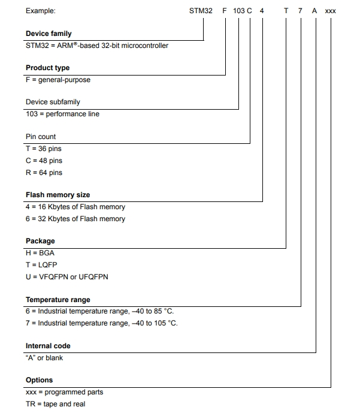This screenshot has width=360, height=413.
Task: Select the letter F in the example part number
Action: pyautogui.click(x=225, y=11)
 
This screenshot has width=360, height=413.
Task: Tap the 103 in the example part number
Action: pyautogui.click(x=238, y=11)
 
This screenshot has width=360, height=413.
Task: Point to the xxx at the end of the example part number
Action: pyautogui.click(x=331, y=11)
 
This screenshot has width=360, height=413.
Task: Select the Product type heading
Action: pyautogui.click(x=47, y=68)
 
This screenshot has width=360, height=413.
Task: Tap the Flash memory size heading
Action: pyautogui.click(x=58, y=195)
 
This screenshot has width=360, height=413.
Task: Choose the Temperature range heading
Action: pyautogui.click(x=58, y=300)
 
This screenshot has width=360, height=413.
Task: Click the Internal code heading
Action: pyautogui.click(x=48, y=346)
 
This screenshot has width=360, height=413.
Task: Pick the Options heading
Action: pyautogui.click(x=39, y=380)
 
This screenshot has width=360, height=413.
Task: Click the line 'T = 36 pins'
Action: pyautogui.click(x=44, y=149)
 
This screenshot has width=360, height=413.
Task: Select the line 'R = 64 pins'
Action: pyautogui.click(x=44, y=173)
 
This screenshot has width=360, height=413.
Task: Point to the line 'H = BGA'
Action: pyautogui.click(x=40, y=253)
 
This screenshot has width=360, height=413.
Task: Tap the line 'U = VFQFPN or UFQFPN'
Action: pyautogui.click(x=67, y=276)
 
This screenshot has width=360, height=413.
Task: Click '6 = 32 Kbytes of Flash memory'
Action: pyautogui.click(x=75, y=219)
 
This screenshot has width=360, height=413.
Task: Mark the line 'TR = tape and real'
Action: pyautogui.click(x=55, y=404)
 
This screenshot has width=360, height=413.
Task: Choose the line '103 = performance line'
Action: pyautogui.click(x=62, y=114)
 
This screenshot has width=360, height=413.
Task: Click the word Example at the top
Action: pyautogui.click(x=41, y=11)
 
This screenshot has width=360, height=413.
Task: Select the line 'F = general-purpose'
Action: pyautogui.click(x=58, y=80)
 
